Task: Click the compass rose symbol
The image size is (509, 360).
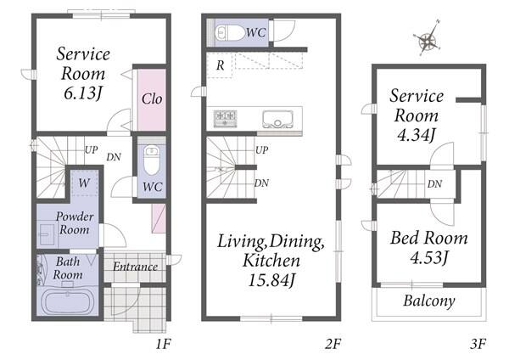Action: [x=428, y=40]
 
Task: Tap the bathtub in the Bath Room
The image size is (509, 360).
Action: [x=68, y=302]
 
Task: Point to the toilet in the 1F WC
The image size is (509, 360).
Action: [x=151, y=160]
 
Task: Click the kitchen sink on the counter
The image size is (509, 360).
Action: [x=277, y=119]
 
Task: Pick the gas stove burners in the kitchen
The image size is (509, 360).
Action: [x=225, y=118]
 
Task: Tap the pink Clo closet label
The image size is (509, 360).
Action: [x=152, y=98]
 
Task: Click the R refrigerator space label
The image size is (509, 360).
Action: [x=220, y=65]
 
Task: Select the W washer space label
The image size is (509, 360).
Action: [x=84, y=183]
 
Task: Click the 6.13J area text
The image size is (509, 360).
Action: [x=83, y=94]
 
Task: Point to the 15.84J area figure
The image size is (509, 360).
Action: [x=271, y=280]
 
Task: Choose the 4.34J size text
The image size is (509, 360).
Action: [x=417, y=135]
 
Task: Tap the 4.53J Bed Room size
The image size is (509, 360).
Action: [x=429, y=257]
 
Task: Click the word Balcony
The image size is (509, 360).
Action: [x=428, y=301]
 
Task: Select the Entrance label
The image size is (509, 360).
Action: [x=136, y=267]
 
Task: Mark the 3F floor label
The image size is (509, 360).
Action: [x=478, y=343]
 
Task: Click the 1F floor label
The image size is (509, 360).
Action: [x=163, y=343]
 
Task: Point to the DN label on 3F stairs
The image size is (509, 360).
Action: [x=434, y=184]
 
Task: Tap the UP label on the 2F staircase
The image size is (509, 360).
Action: [x=261, y=150]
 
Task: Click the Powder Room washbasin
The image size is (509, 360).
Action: [x=48, y=234]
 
